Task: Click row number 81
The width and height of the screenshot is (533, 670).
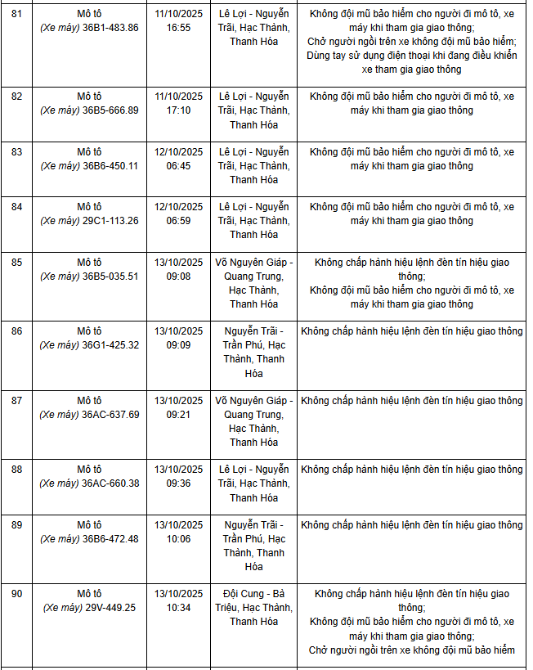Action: pos(16,14)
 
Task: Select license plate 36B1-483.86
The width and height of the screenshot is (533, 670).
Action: pos(110,28)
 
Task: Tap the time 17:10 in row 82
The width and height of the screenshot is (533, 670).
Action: pos(178,110)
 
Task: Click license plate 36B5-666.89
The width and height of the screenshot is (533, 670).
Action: pos(110,110)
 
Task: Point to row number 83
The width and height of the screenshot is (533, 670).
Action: pos(16,151)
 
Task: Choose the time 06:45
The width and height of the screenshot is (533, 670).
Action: pos(178,165)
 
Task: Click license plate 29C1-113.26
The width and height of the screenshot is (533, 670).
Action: pos(110,220)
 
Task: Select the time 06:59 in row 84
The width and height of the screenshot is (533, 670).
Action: pos(178,220)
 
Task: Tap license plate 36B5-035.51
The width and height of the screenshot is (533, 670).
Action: pos(110,277)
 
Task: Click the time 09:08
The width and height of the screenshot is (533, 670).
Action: pos(178,277)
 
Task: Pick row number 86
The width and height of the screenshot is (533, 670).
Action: pos(16,331)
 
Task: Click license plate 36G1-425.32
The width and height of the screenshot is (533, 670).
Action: pos(110,345)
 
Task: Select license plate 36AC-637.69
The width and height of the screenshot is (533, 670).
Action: pos(110,415)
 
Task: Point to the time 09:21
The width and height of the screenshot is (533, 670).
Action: pos(178,415)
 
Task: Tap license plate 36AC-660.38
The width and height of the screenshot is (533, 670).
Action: pos(110,483)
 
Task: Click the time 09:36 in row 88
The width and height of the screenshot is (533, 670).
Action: pos(178,483)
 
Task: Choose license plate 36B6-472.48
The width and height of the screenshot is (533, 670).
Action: pos(110,539)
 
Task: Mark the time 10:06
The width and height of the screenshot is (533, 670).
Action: pos(178,539)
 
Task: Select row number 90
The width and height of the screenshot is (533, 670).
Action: pos(16,593)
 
